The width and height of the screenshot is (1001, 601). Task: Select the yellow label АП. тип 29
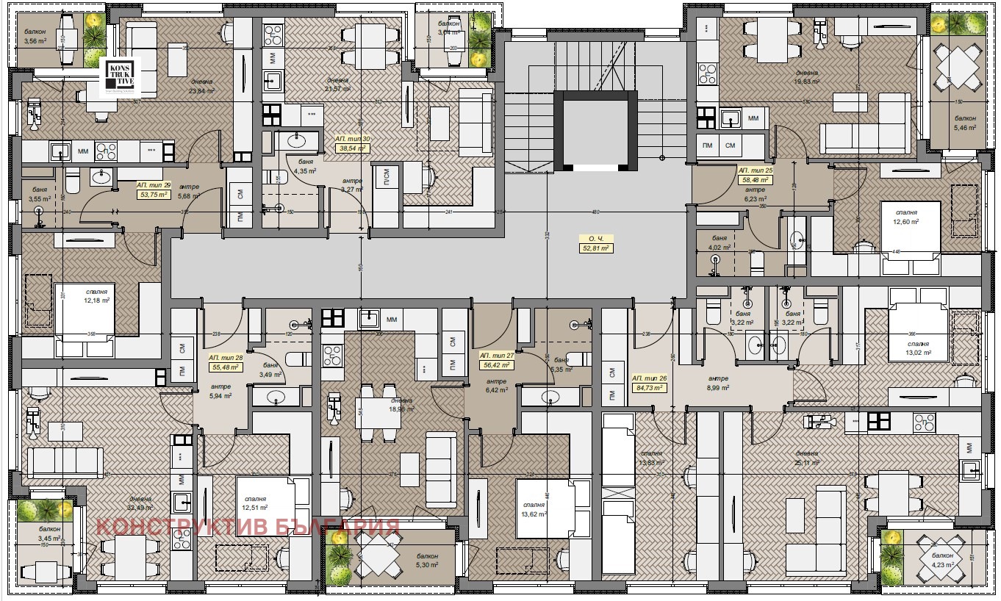pyautogui.click(x=154, y=190)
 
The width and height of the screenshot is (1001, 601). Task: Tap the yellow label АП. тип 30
pyautogui.click(x=353, y=143)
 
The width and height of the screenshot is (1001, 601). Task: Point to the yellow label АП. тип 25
pyautogui.click(x=756, y=174)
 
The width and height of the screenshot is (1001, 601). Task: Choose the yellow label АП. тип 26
pyautogui.click(x=649, y=383)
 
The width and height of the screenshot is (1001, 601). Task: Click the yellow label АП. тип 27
pyautogui.click(x=497, y=359)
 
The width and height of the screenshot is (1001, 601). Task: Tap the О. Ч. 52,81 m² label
pyautogui.click(x=595, y=244)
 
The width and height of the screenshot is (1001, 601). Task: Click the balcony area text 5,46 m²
pyautogui.click(x=965, y=127)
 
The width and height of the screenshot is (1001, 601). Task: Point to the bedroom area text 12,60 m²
pyautogui.click(x=906, y=221)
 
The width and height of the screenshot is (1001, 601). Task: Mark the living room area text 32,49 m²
pyautogui.click(x=139, y=507)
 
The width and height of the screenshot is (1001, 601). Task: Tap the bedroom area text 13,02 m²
pyautogui.click(x=917, y=353)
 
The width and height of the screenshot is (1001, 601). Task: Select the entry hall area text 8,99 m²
pyautogui.click(x=718, y=388)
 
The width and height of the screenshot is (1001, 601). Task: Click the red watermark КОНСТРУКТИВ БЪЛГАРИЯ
pyautogui.click(x=248, y=527)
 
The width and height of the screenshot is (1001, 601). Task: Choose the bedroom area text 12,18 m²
pyautogui.click(x=96, y=300)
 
